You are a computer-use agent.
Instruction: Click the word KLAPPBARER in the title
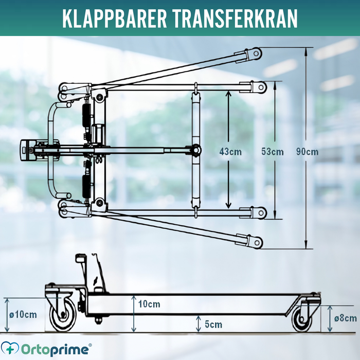[x=114, y=19]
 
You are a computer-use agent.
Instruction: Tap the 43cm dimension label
[x=230, y=152]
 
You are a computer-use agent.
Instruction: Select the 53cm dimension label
[x=272, y=152]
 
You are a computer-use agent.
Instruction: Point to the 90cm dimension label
[x=307, y=152]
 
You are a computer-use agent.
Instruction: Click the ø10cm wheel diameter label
[x=23, y=315]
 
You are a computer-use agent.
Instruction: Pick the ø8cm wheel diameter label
[x=346, y=318]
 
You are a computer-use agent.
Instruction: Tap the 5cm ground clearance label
[x=213, y=325]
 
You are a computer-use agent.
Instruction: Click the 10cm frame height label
[x=149, y=304]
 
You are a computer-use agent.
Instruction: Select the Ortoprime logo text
[x=55, y=350]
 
